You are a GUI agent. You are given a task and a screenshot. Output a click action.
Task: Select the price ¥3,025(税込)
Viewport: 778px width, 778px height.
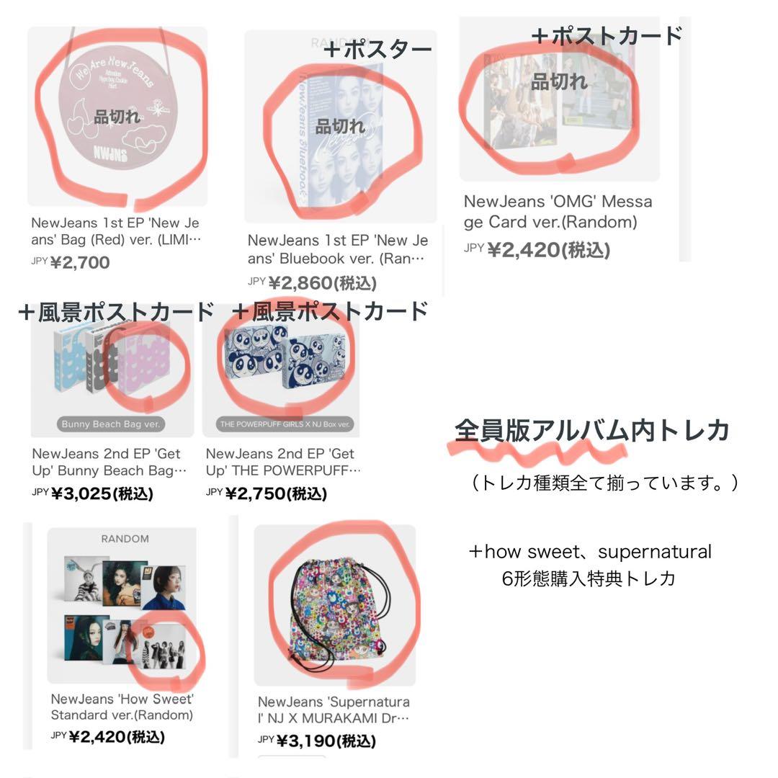[x=102, y=493]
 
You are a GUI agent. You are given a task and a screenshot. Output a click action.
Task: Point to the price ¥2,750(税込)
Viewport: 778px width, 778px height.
[x=275, y=493]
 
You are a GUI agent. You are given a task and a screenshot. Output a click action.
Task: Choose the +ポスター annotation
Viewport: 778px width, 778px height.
[x=377, y=50]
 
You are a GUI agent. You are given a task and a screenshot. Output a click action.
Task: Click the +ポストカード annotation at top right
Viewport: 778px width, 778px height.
[x=607, y=35]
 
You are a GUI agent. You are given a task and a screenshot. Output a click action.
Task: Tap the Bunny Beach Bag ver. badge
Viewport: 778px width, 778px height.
[x=112, y=424]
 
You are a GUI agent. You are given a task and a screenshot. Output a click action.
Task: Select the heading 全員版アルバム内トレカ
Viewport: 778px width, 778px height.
[x=592, y=430]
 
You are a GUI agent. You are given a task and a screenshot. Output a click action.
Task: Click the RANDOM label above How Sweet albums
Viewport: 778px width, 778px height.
[x=125, y=539]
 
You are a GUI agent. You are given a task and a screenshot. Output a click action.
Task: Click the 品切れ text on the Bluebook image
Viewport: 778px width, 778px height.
[x=340, y=126]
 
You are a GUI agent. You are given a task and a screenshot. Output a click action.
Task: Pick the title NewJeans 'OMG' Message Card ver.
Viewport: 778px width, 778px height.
[x=558, y=212]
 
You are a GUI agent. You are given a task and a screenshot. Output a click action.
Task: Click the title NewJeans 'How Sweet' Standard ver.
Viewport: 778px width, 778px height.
[x=122, y=707]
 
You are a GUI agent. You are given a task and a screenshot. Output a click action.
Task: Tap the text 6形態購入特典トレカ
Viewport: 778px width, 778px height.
[x=589, y=578]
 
